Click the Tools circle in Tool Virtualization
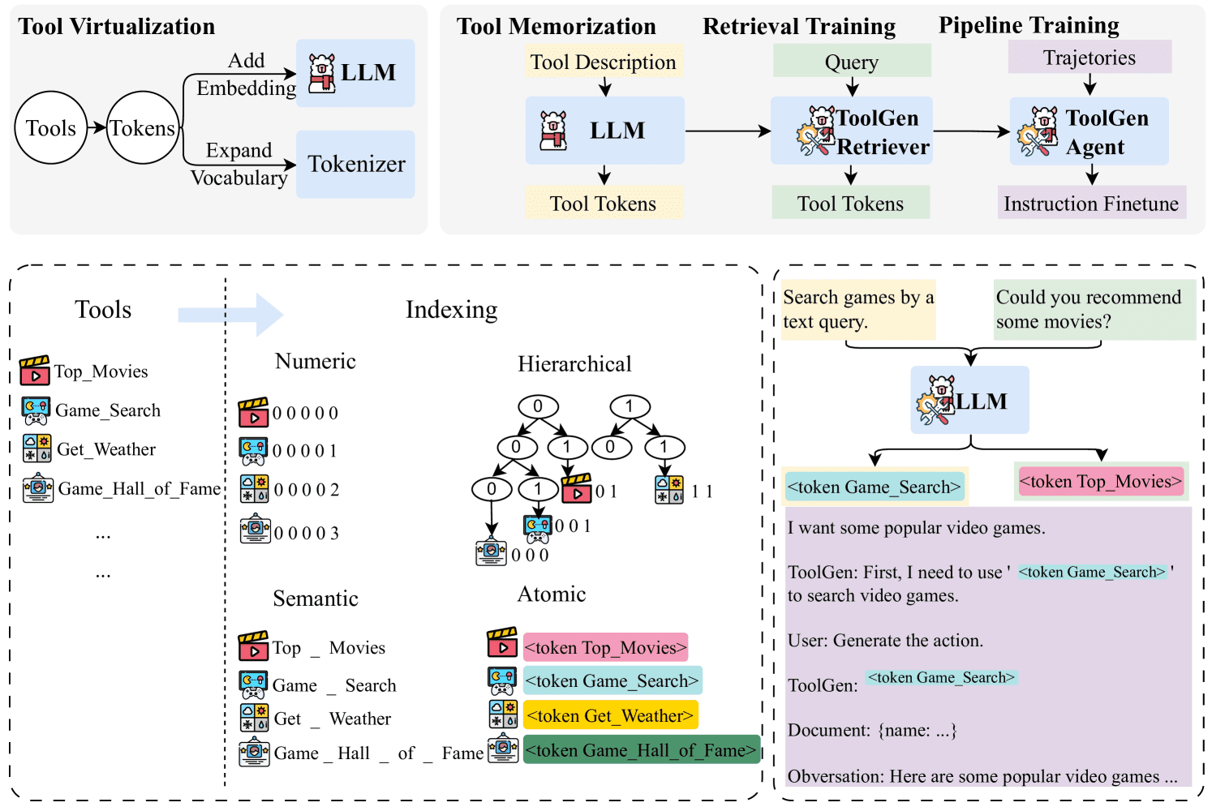click(x=51, y=128)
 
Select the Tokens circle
click(x=143, y=128)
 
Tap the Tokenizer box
click(x=355, y=165)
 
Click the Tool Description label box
click(x=603, y=62)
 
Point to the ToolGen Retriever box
click(x=851, y=131)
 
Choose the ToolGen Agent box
click(x=1089, y=131)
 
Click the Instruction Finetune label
click(x=1091, y=203)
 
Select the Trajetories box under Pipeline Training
click(x=1090, y=58)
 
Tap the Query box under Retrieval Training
click(x=851, y=62)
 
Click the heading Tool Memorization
click(x=556, y=26)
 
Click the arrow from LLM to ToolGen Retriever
click(x=728, y=131)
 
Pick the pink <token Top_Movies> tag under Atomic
click(x=605, y=647)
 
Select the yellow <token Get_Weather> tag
click(x=610, y=715)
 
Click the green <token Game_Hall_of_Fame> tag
click(x=641, y=750)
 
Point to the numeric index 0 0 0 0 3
click(x=306, y=533)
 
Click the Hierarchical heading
click(x=574, y=364)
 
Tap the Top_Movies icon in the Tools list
click(x=35, y=371)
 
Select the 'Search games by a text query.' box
click(x=858, y=309)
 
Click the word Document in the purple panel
click(x=828, y=730)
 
